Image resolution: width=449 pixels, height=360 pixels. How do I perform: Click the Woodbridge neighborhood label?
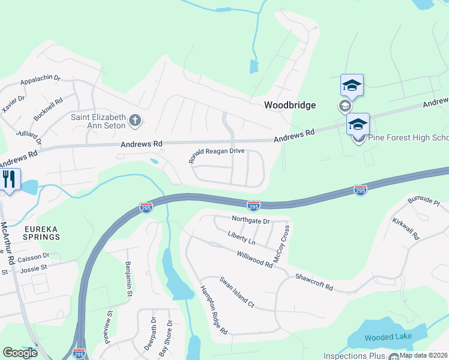click(290, 105)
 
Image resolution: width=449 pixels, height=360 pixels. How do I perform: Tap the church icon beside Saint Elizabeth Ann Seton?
click(135, 121)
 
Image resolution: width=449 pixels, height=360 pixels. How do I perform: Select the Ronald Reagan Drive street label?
click(216, 155)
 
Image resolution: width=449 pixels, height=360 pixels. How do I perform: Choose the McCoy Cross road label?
click(282, 244)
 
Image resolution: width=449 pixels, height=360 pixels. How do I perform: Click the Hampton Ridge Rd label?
click(214, 310)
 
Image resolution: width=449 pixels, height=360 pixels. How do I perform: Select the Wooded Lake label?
click(388, 337)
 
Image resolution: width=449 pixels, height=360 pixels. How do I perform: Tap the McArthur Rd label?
click(7, 244)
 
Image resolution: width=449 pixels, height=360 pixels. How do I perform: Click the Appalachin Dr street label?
click(41, 79)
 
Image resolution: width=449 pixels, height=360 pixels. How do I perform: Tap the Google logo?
click(20, 353)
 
